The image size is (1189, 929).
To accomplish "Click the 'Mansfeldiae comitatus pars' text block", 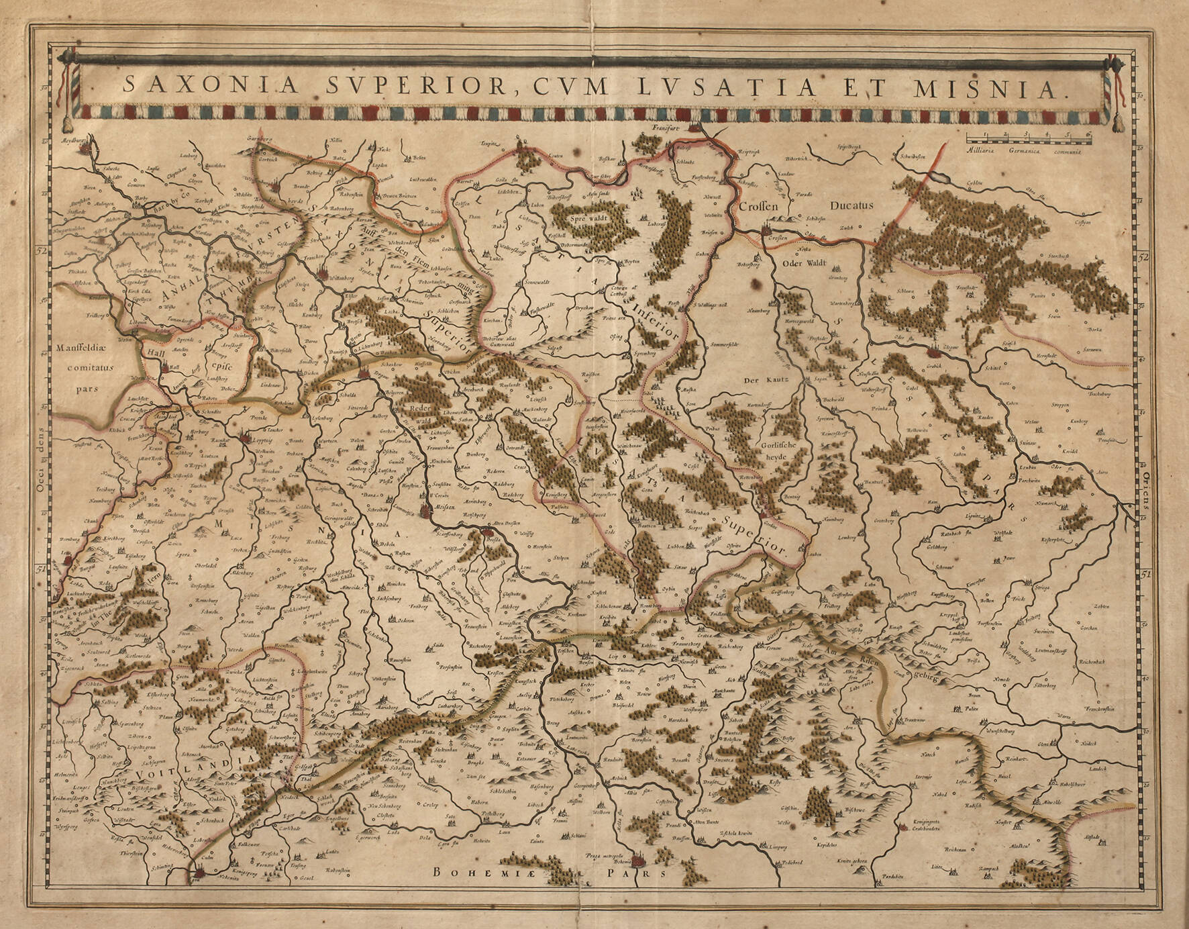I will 86,368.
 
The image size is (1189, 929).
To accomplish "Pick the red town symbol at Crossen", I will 768,230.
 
